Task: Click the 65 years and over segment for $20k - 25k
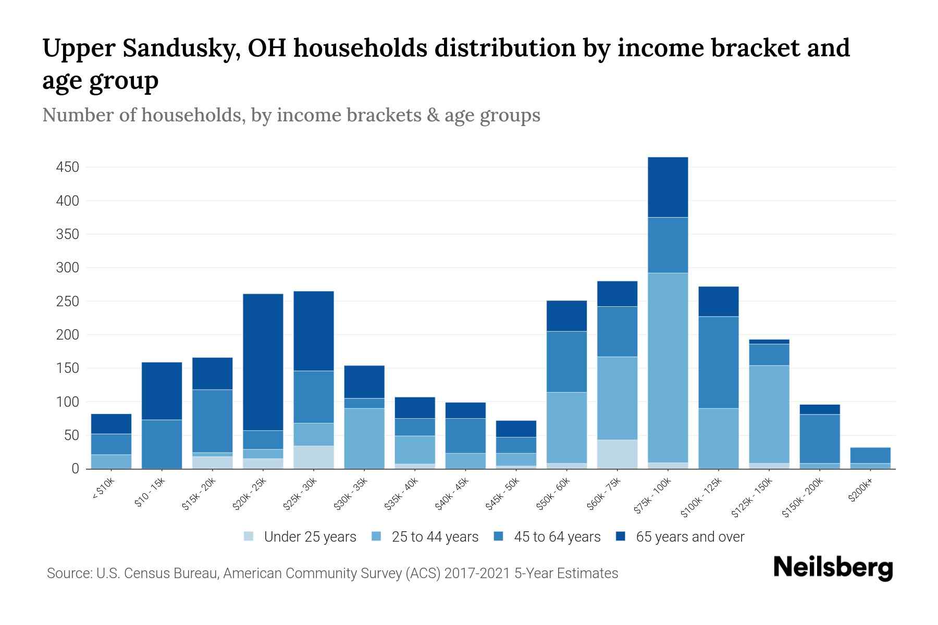coord(263,362)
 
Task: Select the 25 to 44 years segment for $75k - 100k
coord(668,367)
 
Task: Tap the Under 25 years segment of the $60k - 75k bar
coord(617,454)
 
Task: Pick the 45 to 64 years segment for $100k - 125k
coord(718,362)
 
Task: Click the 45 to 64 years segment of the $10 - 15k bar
coord(162,444)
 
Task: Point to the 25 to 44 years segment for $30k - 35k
coord(364,439)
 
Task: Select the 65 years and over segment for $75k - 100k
coord(668,187)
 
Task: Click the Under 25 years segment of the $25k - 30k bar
coord(314,457)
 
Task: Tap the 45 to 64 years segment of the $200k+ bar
coord(870,455)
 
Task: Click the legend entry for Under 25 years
coord(310,537)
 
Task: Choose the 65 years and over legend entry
coord(689,537)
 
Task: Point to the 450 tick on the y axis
coord(68,167)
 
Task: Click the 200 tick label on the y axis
coord(68,335)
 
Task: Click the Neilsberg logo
coord(833,568)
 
